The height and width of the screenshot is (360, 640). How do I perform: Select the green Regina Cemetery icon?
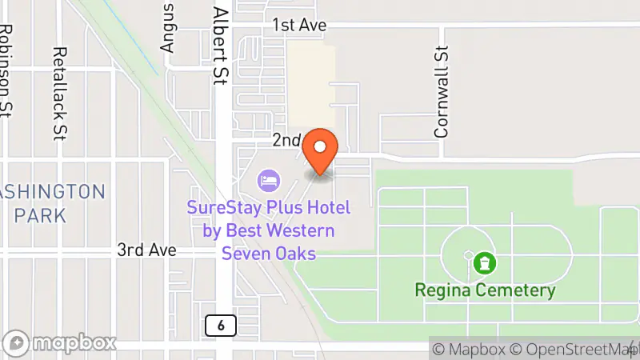pyautogui.click(x=483, y=262)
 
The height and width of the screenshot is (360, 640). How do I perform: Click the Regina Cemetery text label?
pyautogui.click(x=485, y=290)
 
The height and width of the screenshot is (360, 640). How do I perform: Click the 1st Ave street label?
pyautogui.click(x=300, y=26)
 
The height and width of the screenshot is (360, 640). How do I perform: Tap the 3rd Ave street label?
pyautogui.click(x=146, y=250)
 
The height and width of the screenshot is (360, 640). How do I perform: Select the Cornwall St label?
pyautogui.click(x=441, y=91)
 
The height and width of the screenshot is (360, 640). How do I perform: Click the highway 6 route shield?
pyautogui.click(x=219, y=325)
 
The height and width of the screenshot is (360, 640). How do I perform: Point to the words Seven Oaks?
pyautogui.click(x=269, y=253)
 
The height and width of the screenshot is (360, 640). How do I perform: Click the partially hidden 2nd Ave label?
pyautogui.click(x=286, y=140)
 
